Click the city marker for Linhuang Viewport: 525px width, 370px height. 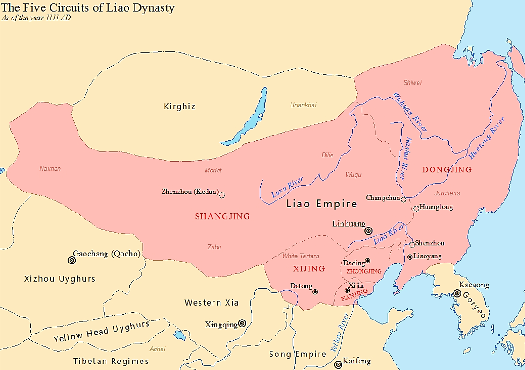pyautogui.click(x=369, y=230)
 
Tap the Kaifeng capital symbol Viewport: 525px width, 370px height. pyautogui.click(x=338, y=364)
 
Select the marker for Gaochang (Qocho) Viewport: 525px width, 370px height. pyautogui.click(x=71, y=260)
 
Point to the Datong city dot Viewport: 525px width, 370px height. pyautogui.click(x=315, y=292)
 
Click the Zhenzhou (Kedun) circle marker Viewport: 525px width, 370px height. pyautogui.click(x=222, y=195)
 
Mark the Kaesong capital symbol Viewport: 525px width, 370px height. pyautogui.click(x=456, y=293)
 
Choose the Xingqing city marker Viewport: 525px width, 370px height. pyautogui.click(x=242, y=323)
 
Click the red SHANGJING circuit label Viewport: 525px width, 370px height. pyautogui.click(x=222, y=216)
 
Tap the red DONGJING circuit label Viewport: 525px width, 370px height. pyautogui.click(x=447, y=170)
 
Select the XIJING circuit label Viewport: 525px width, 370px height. pyautogui.click(x=309, y=269)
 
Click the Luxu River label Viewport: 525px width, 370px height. pyautogui.click(x=287, y=187)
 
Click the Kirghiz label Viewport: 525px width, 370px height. pyautogui.click(x=179, y=107)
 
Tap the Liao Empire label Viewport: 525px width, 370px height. pyautogui.click(x=321, y=204)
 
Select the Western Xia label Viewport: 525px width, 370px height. pyautogui.click(x=212, y=303)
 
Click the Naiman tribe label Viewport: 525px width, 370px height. pyautogui.click(x=50, y=168)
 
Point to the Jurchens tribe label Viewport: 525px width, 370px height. pyautogui.click(x=447, y=193)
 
